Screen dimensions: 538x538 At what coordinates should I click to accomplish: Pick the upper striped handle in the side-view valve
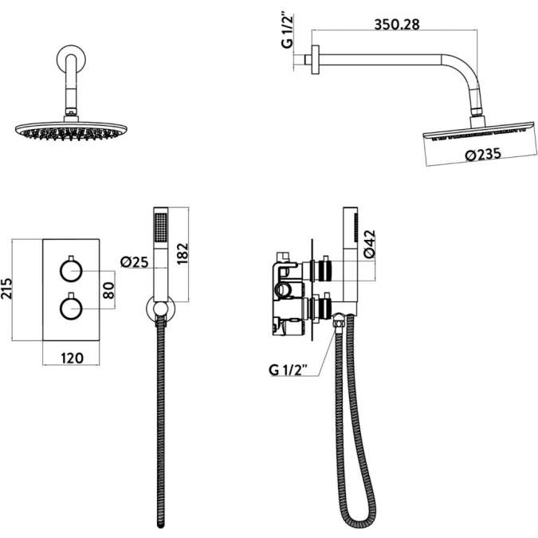(x=324, y=269)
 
